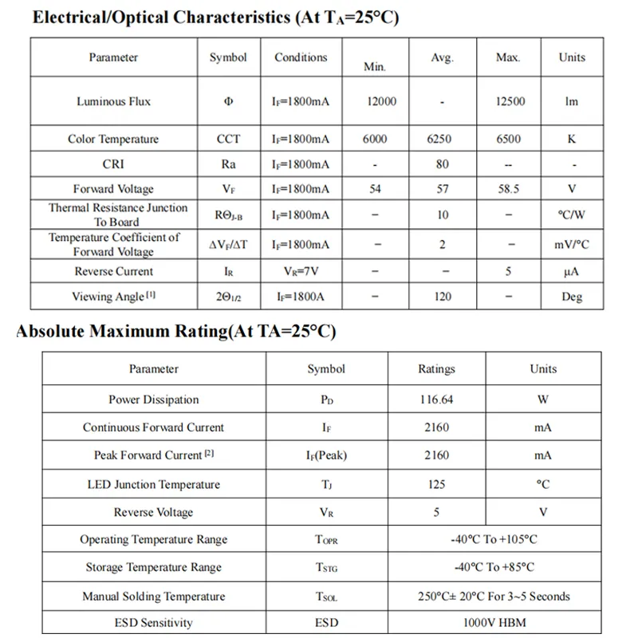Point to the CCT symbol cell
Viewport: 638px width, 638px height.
tap(228, 139)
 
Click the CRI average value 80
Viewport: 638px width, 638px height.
tap(443, 164)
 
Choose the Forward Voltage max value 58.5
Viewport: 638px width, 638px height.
tap(508, 189)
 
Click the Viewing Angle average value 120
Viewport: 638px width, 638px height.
tap(443, 297)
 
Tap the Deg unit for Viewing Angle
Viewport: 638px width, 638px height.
tap(572, 297)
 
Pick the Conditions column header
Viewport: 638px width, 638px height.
tap(301, 57)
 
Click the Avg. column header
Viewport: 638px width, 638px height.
tap(442, 57)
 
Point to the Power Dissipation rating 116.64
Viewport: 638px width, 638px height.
tap(436, 400)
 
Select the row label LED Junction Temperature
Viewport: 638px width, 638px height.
tap(154, 484)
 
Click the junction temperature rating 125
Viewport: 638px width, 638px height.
tap(436, 484)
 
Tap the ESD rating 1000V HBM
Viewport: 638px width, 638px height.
tap(494, 622)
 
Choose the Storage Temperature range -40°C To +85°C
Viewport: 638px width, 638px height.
tap(494, 567)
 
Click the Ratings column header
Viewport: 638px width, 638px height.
tap(436, 369)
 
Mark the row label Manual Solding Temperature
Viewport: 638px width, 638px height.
tap(154, 597)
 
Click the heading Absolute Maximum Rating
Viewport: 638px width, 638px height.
tap(175, 332)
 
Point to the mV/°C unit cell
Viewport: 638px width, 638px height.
tap(572, 245)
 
